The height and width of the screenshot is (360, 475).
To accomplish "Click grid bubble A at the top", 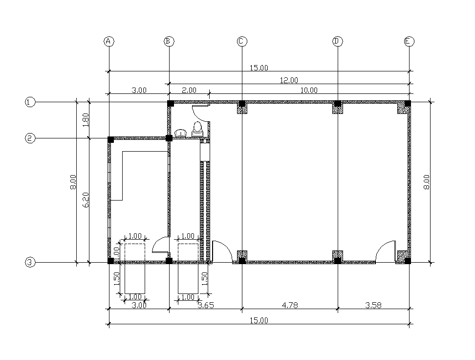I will point(109,42).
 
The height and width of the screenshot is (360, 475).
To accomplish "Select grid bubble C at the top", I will point(241,42).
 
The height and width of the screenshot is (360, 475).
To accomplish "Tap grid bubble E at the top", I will point(410,42).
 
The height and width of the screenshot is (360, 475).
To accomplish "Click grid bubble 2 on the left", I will point(30,138).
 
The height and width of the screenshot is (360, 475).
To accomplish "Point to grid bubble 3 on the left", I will point(30,263).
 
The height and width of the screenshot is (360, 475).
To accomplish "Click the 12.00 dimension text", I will point(289,80).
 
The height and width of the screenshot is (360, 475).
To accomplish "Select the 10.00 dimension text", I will point(309,90).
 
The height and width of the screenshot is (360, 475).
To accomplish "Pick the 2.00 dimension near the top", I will point(189,90).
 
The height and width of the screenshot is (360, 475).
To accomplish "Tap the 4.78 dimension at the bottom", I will point(289,305).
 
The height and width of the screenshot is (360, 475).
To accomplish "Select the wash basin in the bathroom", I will point(181,133).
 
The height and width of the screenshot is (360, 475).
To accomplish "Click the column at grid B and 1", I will point(171,104).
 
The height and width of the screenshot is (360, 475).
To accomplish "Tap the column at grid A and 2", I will point(111,139).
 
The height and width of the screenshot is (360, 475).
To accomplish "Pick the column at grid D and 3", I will point(337,260).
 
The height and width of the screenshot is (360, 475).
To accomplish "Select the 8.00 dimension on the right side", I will point(426,182).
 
